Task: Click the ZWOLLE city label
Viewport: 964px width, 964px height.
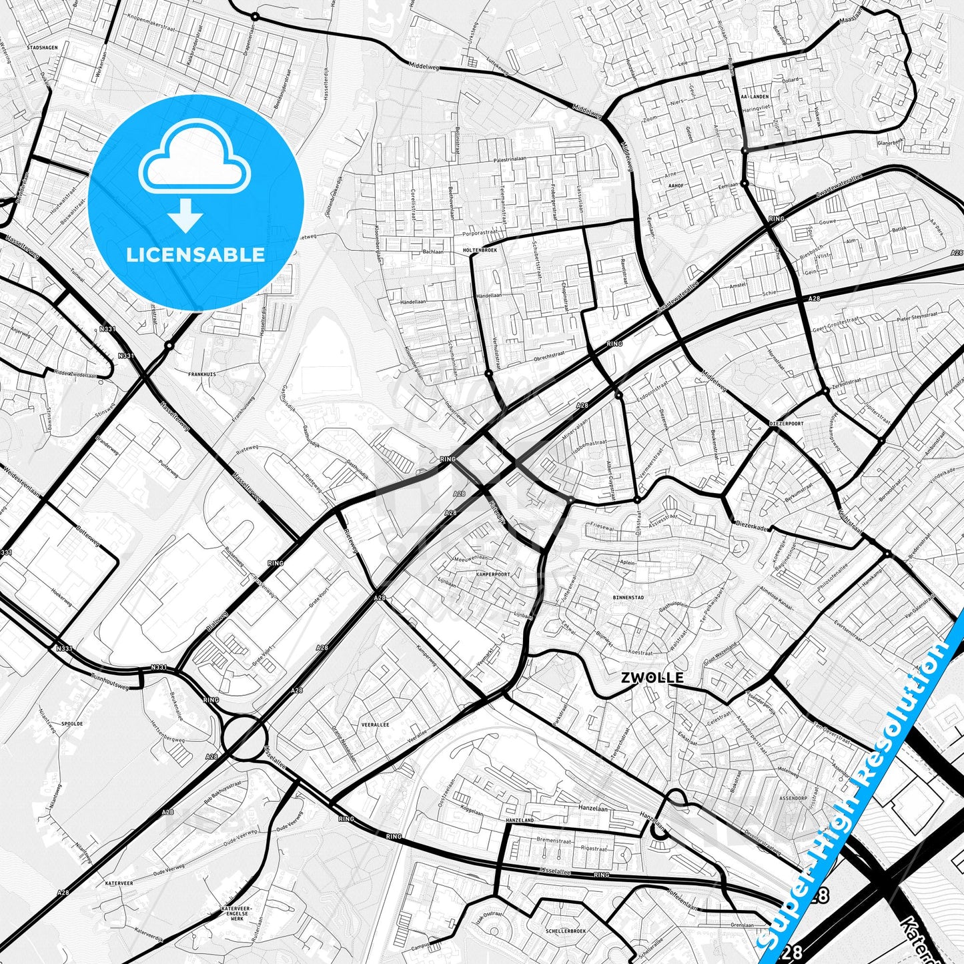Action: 652,678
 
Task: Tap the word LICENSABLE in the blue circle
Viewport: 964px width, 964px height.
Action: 195,254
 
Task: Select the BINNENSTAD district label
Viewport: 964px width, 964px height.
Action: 628,598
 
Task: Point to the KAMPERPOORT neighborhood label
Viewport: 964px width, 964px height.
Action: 492,574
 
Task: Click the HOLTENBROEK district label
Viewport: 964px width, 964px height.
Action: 479,250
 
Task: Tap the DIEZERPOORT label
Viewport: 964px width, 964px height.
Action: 787,423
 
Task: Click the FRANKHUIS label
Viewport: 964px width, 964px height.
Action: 201,374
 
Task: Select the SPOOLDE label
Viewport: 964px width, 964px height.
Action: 71,723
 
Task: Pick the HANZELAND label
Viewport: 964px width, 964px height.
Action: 520,820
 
